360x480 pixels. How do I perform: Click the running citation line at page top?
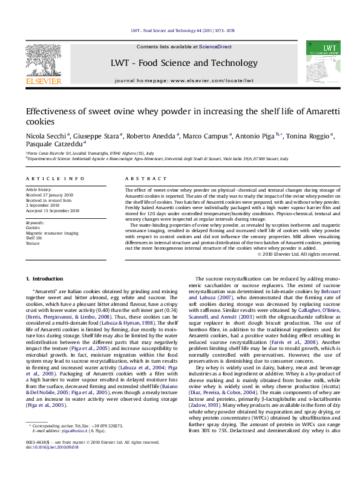click(180, 31)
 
